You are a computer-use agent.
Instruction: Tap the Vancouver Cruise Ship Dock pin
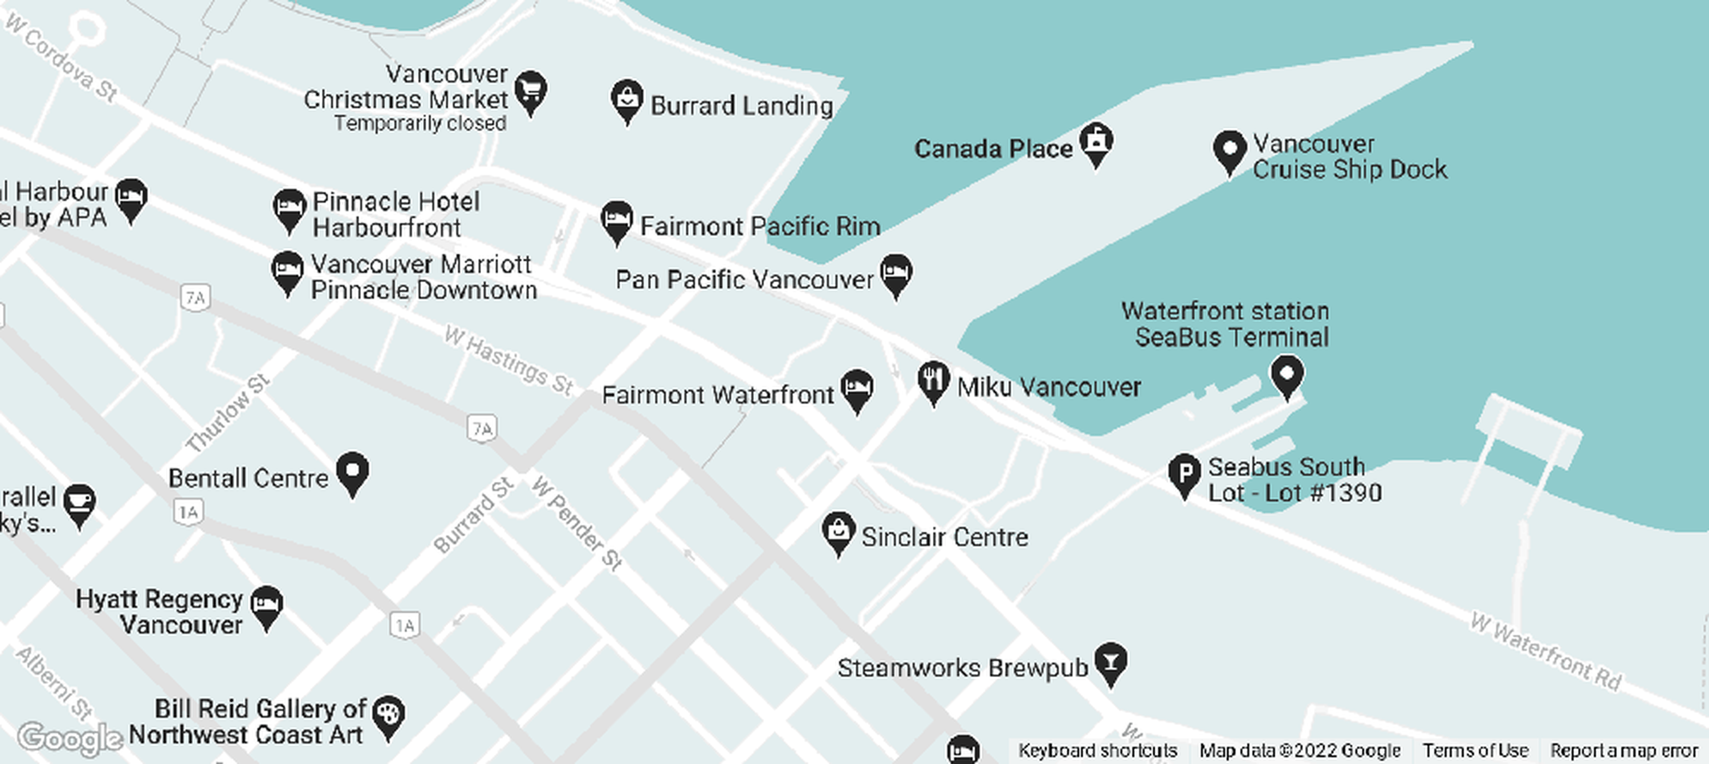point(1229,150)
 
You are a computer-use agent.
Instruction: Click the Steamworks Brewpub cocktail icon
point(1111,661)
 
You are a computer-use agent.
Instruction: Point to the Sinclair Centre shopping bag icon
point(838,531)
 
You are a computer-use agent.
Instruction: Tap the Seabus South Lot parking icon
point(1184,473)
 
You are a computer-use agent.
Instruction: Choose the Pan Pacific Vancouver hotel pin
point(895,273)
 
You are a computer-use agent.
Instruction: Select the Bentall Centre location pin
point(352,471)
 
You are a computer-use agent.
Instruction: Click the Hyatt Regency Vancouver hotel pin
point(267,605)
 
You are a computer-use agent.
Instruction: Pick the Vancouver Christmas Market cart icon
point(531,90)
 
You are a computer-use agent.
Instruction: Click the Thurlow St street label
point(227,413)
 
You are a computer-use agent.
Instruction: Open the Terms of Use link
point(1475,751)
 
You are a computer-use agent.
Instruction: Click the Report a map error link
point(1624,751)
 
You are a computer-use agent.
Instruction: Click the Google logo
point(70,738)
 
